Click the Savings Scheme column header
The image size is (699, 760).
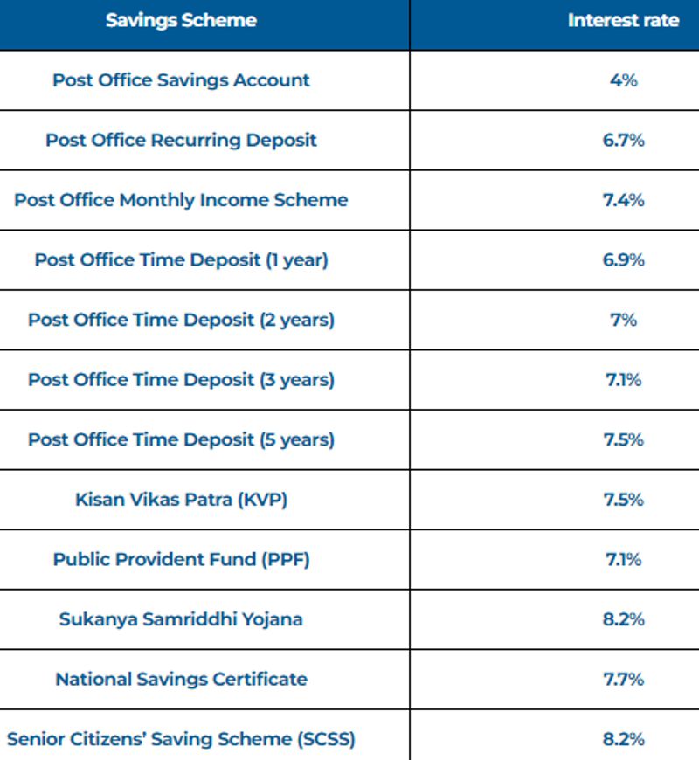point(181,20)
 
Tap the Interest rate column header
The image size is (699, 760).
point(623,20)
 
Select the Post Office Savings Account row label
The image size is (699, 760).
point(181,80)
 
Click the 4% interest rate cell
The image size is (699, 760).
point(623,80)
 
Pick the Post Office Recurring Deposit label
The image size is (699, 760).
point(181,140)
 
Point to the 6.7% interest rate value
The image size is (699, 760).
point(623,140)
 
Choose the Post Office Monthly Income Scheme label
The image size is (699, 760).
point(181,200)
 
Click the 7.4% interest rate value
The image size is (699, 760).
point(623,200)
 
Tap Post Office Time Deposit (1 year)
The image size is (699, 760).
point(181,259)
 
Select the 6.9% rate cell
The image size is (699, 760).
point(623,259)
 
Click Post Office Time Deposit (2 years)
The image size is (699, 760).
point(181,320)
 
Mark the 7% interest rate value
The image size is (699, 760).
point(623,320)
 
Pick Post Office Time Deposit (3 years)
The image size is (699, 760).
point(181,380)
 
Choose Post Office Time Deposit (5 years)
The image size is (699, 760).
point(181,439)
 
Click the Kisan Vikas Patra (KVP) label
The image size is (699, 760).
point(181,500)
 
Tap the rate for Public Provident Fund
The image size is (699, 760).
point(623,559)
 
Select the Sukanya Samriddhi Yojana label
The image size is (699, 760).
point(181,619)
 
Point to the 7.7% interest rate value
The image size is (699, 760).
point(623,679)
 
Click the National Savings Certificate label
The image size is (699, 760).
point(181,679)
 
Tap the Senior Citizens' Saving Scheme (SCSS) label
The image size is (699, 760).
point(181,739)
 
